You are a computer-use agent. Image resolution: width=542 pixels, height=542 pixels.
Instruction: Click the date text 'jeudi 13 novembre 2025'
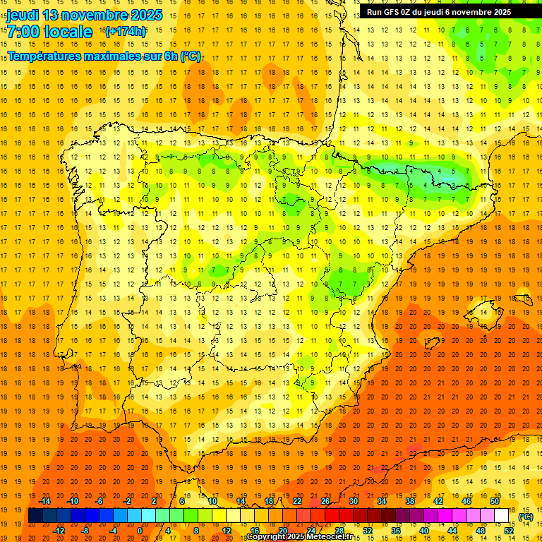coord(84,15)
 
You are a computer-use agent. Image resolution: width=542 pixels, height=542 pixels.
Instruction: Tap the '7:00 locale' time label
coord(49,32)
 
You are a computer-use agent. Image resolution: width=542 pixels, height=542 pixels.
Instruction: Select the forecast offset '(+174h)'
coord(126,32)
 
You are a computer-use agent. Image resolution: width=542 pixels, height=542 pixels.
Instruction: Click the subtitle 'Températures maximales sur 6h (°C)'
coord(104,56)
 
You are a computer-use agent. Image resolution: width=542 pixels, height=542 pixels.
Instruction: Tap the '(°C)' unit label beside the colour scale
coord(525,517)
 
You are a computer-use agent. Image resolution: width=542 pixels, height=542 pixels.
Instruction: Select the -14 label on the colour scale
coord(45,501)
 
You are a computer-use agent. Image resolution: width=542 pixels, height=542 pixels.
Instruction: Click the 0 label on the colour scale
coord(139,530)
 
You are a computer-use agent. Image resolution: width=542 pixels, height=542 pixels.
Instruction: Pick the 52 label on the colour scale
coord(509,530)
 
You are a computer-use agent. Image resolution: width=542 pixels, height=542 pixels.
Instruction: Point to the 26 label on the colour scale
coord(325,501)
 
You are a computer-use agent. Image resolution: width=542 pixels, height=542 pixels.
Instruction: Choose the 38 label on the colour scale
coord(409,501)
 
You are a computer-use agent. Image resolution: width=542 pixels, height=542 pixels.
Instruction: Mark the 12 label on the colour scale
coord(227,530)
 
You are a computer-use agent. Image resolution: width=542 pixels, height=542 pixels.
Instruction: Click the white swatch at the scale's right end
coord(501,516)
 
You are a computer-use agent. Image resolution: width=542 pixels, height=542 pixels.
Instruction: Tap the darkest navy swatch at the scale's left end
coord(35,516)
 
